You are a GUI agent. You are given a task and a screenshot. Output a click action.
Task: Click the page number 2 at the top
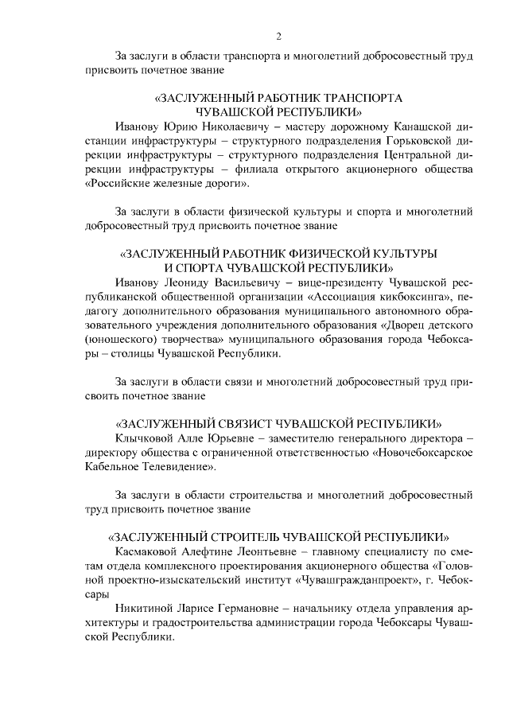278,36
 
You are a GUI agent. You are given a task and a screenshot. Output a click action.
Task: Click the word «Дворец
394,325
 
